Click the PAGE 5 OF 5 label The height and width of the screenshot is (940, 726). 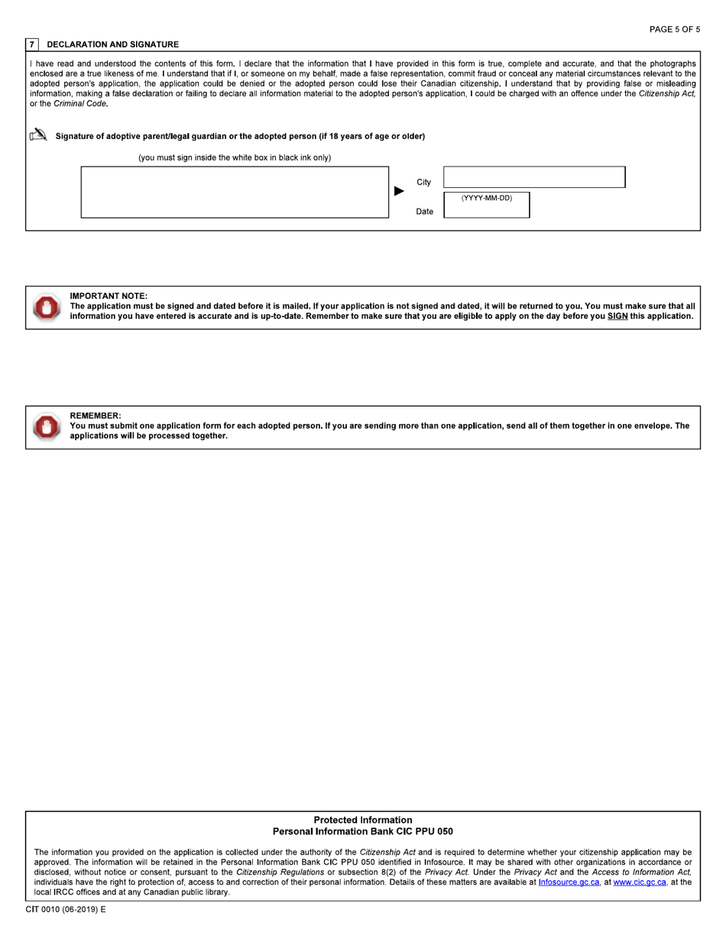click(x=674, y=29)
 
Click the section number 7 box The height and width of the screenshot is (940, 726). click(x=31, y=44)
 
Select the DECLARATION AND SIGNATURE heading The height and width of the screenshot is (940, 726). click(x=112, y=44)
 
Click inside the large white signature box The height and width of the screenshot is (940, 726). click(x=235, y=192)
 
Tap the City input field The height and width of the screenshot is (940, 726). click(x=533, y=177)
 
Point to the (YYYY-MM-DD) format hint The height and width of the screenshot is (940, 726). click(x=486, y=198)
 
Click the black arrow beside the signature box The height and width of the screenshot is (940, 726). click(x=399, y=191)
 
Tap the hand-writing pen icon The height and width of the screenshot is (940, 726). click(x=37, y=135)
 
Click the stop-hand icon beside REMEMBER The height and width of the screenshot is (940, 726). click(x=46, y=426)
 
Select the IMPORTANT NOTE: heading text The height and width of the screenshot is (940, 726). click(x=109, y=296)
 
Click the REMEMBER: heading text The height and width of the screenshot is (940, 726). click(x=96, y=415)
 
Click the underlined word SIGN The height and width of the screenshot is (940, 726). click(x=617, y=316)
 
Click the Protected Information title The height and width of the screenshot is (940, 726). click(x=362, y=820)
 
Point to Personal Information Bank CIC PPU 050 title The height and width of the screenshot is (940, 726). click(x=362, y=831)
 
